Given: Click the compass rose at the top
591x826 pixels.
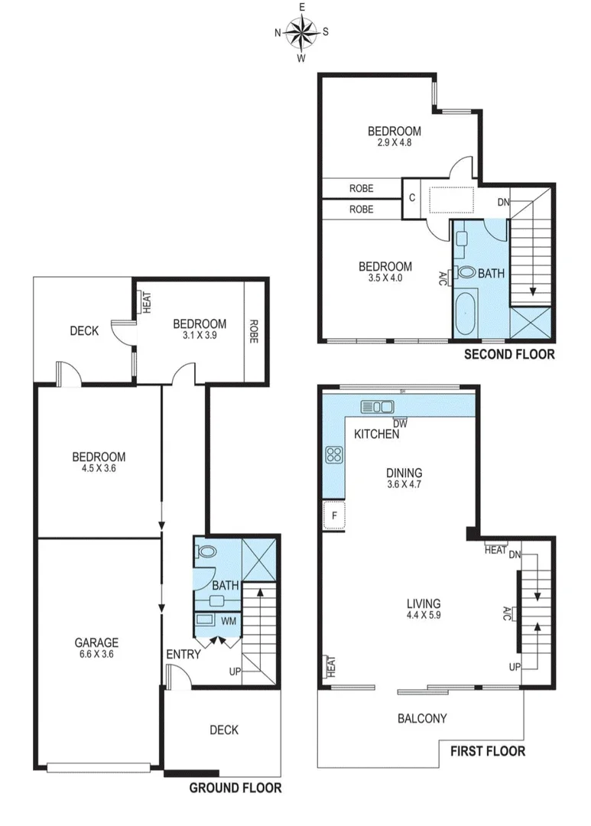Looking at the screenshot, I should pyautogui.click(x=302, y=32).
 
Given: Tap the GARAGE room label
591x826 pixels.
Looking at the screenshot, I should pyautogui.click(x=96, y=642).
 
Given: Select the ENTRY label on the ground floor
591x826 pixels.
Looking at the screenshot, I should pyautogui.click(x=183, y=654).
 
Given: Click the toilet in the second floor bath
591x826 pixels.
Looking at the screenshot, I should pyautogui.click(x=466, y=272).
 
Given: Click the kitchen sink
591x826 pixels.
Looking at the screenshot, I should pyautogui.click(x=377, y=406).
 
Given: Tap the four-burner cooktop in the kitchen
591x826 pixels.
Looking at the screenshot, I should pyautogui.click(x=334, y=455).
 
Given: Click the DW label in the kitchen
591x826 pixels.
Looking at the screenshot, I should pyautogui.click(x=399, y=423).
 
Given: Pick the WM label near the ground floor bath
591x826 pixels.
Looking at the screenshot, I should pyautogui.click(x=228, y=621).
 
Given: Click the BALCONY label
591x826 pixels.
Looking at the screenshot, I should pyautogui.click(x=422, y=718).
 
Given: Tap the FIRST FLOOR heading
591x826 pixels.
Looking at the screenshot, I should pyautogui.click(x=488, y=751).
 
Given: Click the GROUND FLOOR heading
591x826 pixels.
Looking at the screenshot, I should pyautogui.click(x=235, y=788).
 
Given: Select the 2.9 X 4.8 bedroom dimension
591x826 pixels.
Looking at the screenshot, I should pyautogui.click(x=394, y=142).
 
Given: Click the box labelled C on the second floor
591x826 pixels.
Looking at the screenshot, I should pyautogui.click(x=412, y=198).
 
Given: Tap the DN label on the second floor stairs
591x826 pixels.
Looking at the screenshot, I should pyautogui.click(x=503, y=203).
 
